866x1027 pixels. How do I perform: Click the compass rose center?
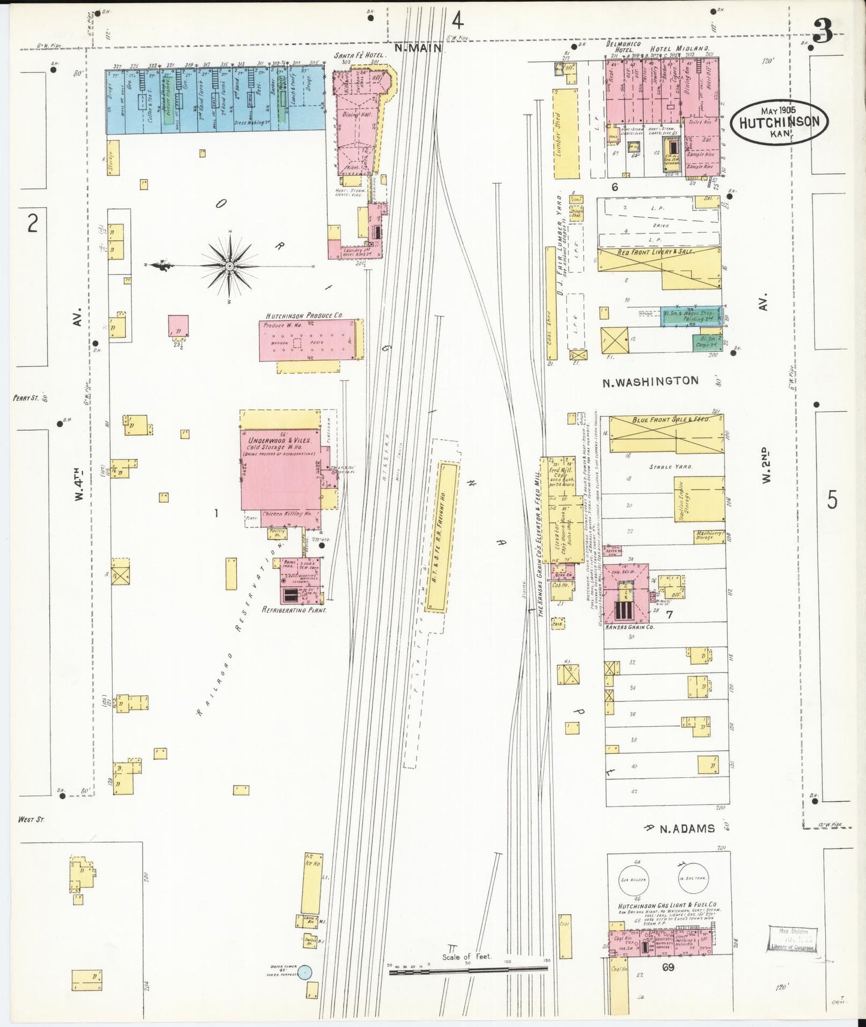[x=230, y=265]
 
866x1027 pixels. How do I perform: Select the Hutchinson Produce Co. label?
[x=304, y=315]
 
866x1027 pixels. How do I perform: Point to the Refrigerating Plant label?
[x=294, y=609]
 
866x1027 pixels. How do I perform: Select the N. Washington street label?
[x=650, y=380]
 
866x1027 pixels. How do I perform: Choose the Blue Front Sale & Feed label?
[x=671, y=420]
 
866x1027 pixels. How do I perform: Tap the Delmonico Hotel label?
[x=623, y=47]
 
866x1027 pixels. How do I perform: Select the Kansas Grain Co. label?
[x=629, y=627]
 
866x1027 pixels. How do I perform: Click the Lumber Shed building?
[x=566, y=134]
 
